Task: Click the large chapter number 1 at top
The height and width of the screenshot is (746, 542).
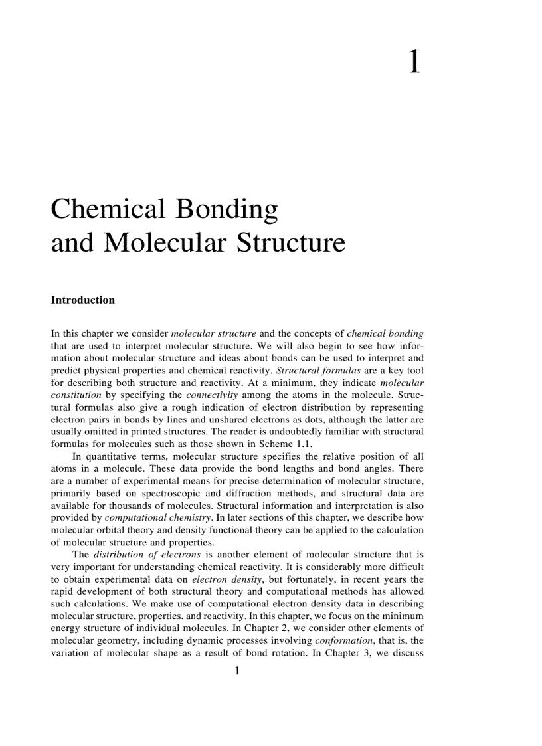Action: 414,62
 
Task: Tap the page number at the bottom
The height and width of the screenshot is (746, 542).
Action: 237,671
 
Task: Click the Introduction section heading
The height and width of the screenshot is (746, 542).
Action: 83,300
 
